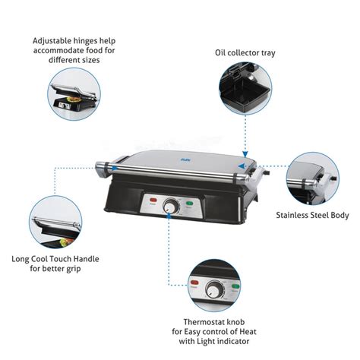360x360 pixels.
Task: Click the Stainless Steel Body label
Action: pos(312,216)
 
